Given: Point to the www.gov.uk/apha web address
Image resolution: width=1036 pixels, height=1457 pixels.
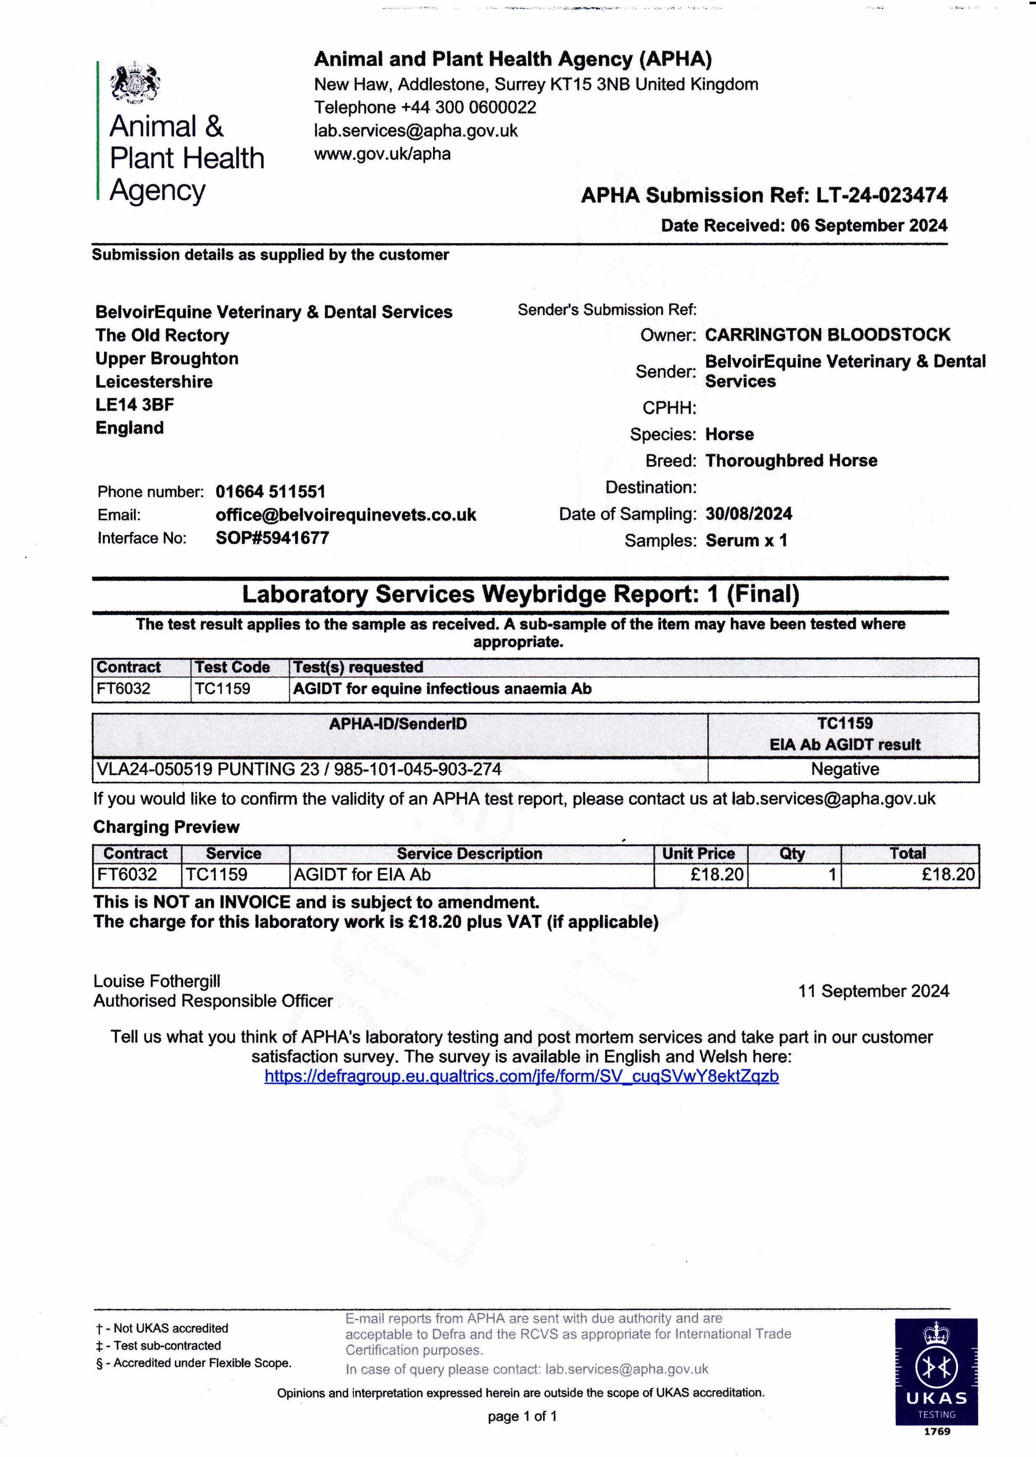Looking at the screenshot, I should tap(382, 154).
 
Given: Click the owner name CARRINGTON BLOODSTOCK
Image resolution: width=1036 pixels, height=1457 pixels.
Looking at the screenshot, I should tap(827, 335).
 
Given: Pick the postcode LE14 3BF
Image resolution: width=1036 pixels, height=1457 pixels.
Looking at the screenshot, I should tap(135, 404).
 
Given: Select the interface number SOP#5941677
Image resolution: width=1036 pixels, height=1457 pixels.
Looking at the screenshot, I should tap(272, 538).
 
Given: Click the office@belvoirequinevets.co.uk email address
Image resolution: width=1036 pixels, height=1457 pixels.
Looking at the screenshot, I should tap(346, 515).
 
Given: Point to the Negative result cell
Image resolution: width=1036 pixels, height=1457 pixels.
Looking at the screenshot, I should tap(845, 769).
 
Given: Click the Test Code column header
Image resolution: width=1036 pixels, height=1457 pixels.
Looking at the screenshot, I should tap(232, 667).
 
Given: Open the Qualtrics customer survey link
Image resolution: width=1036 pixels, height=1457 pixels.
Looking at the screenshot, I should tap(521, 1076).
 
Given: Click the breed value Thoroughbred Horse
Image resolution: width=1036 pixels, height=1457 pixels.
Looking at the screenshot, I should tap(791, 461).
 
